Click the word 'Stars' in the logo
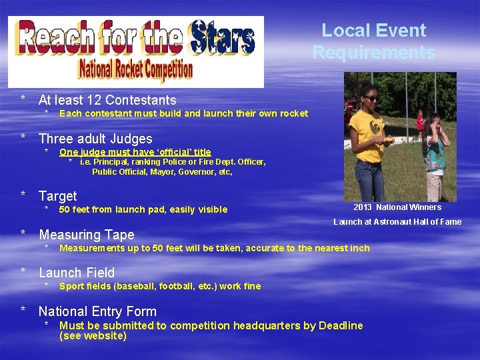tap(222, 37)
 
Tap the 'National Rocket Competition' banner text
tap(135, 69)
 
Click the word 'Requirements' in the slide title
tap(373, 53)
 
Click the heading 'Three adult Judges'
tap(95, 139)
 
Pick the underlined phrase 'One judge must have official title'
tap(135, 153)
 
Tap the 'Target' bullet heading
tap(57, 196)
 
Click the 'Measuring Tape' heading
tap(86, 235)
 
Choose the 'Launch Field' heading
tap(77, 273)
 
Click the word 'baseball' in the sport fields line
tap(136, 287)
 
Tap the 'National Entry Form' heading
tap(97, 311)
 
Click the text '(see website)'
tap(93, 337)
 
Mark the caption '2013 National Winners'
tap(397, 207)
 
